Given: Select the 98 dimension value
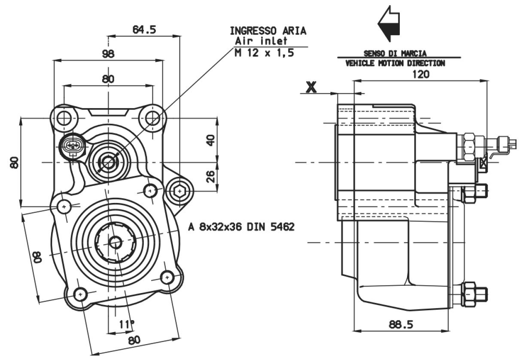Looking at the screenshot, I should coord(109,54).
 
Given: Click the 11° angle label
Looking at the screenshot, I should coord(127,324).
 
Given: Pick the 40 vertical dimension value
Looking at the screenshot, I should coord(210,139).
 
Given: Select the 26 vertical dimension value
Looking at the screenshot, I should coord(210,176).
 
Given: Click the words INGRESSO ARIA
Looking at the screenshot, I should coord(268,31).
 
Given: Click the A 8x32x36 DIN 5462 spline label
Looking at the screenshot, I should coord(241,227).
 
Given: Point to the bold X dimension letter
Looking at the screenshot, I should coord(311,87).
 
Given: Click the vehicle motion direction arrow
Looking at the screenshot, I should coord(389,24).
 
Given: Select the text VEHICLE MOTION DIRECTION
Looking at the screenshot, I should coord(395,64).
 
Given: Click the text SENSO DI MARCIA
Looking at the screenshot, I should coord(395,54).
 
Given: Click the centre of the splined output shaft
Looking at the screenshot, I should coord(115,242).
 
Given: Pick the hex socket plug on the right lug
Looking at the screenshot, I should coord(178,191).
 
